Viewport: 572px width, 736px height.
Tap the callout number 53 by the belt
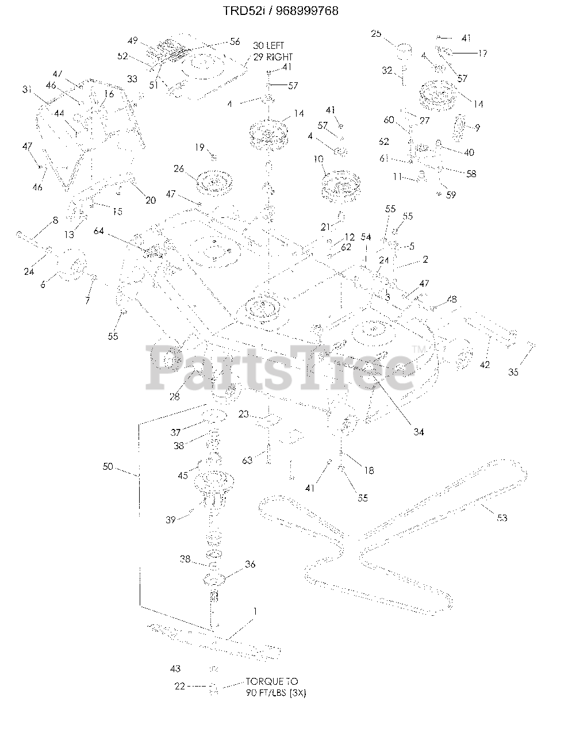502,518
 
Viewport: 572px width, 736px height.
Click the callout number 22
180,686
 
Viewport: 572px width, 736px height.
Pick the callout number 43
175,669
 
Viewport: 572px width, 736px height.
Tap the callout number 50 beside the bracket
108,466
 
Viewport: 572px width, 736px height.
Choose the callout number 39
171,520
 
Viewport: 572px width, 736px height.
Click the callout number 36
250,565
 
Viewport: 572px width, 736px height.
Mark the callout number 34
419,432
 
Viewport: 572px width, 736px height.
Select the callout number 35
513,373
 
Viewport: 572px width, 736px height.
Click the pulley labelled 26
210,182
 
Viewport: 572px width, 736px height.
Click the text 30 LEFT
268,45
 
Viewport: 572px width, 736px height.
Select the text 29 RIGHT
272,57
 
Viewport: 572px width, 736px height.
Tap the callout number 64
99,231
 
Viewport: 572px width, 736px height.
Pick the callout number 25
376,34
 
